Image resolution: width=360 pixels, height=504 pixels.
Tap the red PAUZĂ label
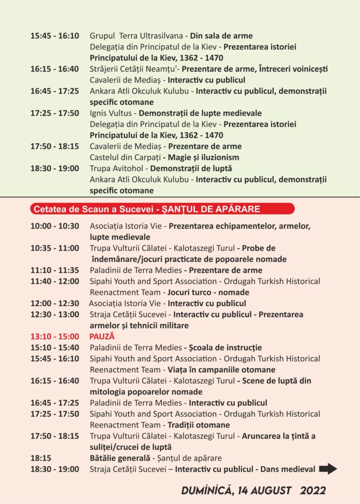[x=102, y=337]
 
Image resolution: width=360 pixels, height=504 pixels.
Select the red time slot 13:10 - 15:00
[x=55, y=337]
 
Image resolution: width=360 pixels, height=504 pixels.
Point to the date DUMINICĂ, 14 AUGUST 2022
[x=253, y=491]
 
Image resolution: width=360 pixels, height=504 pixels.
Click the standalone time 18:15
[x=41, y=458]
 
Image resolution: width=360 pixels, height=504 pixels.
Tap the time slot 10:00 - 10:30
[x=55, y=226]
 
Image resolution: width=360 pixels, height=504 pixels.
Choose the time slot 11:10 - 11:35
[x=55, y=270]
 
